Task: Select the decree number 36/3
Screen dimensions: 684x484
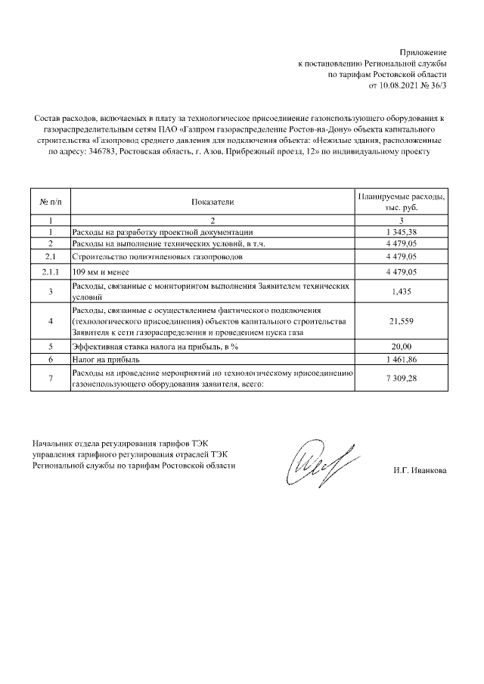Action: point(439,87)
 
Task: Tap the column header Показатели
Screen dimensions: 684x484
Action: point(213,202)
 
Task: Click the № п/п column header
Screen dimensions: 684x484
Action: point(50,202)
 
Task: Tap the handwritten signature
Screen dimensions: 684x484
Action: point(317,460)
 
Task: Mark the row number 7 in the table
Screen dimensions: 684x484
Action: point(50,379)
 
